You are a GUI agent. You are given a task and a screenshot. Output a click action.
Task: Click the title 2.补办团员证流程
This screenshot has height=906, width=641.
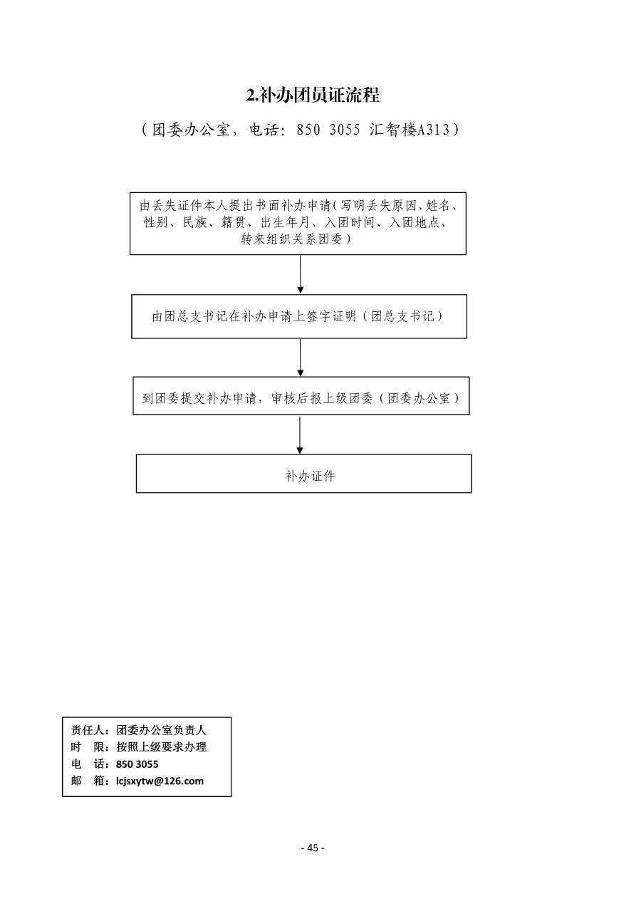[x=313, y=95]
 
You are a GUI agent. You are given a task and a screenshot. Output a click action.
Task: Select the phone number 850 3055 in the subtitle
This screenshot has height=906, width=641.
[x=328, y=130]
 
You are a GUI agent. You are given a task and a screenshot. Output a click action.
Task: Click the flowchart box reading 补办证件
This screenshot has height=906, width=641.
[x=303, y=473]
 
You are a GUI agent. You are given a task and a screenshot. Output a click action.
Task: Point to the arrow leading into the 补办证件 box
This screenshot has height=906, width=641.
[x=300, y=435]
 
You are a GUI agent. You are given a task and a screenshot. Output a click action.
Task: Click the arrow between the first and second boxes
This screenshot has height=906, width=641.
[x=300, y=275]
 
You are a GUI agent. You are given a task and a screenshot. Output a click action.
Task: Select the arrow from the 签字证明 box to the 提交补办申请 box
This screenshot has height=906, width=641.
[x=300, y=358]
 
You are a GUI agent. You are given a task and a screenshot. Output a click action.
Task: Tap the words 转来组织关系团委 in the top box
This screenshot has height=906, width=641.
[x=291, y=239]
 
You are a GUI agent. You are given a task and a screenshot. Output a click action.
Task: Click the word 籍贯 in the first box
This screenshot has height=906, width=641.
[x=234, y=222]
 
